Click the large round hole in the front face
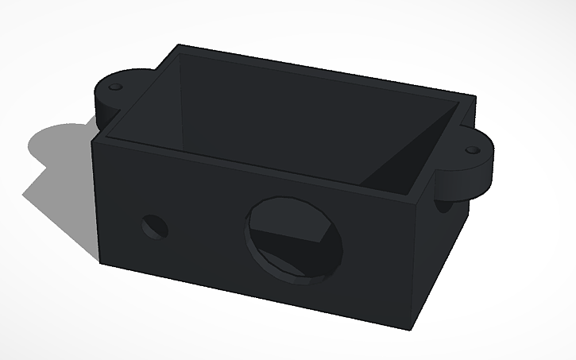[x=296, y=238]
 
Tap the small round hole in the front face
[x=156, y=226]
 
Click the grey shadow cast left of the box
[x=60, y=171]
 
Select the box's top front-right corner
[x=420, y=199]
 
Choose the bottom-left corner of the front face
[x=100, y=261]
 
